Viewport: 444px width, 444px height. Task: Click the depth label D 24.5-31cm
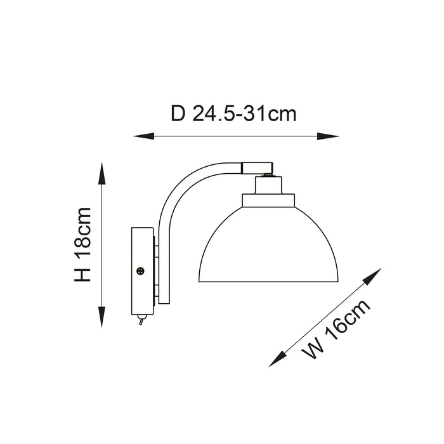pyautogui.click(x=233, y=114)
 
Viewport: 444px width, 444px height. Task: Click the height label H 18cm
pyautogui.click(x=82, y=245)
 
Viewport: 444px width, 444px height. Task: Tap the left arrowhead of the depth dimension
pyautogui.click(x=144, y=136)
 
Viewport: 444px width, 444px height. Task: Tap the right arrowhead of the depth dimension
pyautogui.click(x=328, y=136)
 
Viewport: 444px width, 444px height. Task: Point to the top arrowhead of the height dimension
pyautogui.click(x=101, y=173)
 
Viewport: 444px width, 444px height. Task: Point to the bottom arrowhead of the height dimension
pyautogui.click(x=101, y=317)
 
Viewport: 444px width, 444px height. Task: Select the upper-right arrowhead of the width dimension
pyautogui.click(x=372, y=277)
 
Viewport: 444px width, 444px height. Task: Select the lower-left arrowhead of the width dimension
pyautogui.click(x=277, y=359)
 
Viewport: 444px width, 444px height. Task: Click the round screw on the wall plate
pyautogui.click(x=140, y=271)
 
